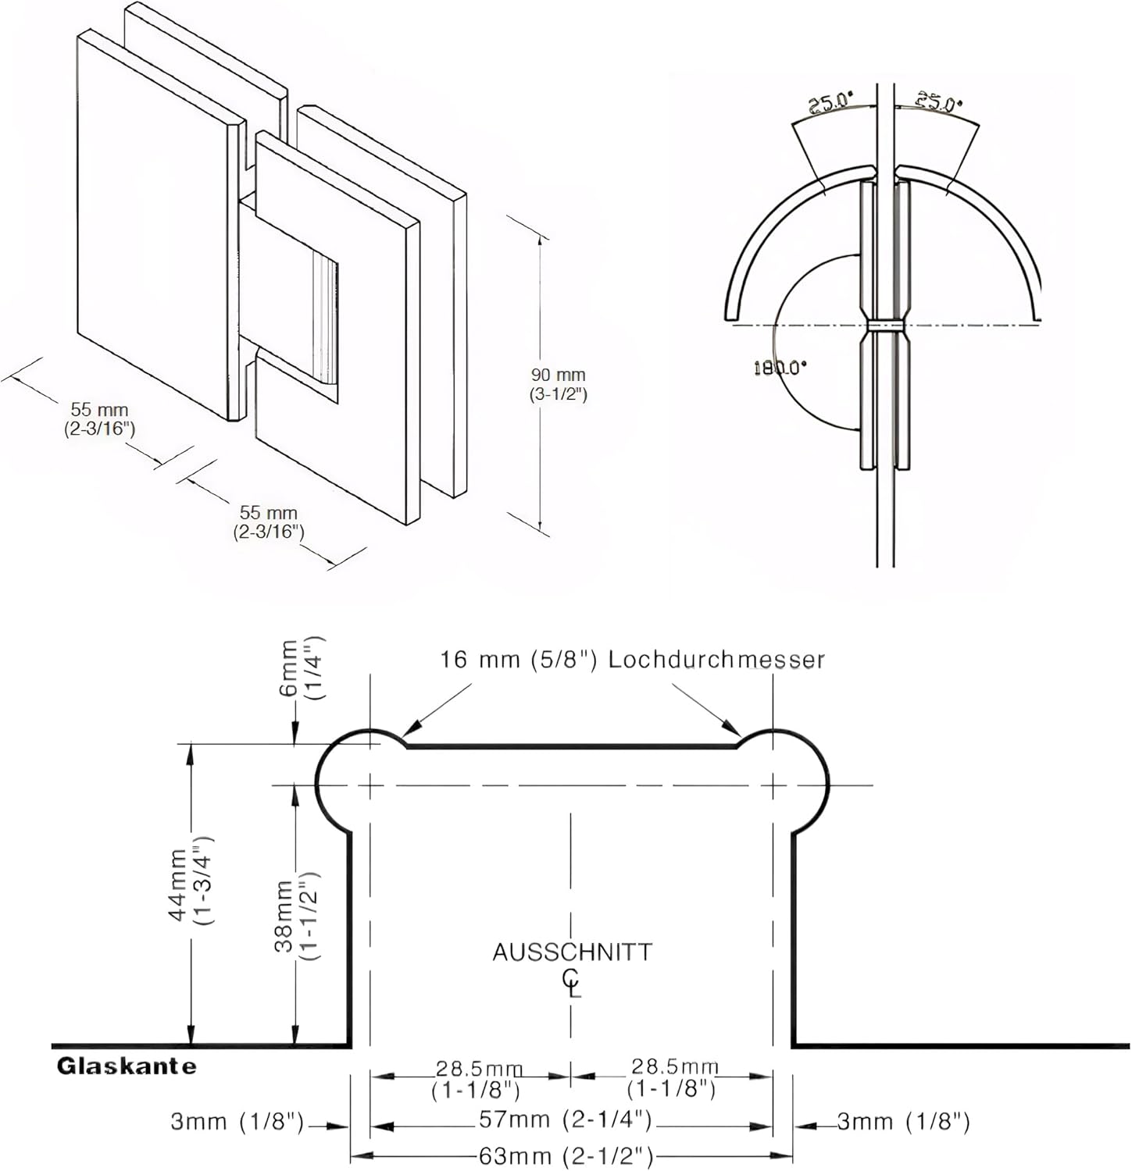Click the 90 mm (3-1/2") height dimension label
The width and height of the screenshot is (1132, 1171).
point(558,384)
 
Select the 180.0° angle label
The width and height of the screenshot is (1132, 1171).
point(780,368)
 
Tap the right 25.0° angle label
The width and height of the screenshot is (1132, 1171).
point(938,101)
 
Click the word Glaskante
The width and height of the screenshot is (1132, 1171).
point(127,1066)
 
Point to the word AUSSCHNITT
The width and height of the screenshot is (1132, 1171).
point(572,952)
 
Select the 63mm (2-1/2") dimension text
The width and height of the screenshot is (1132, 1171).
point(566,1155)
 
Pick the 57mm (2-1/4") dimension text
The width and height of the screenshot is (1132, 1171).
point(565,1120)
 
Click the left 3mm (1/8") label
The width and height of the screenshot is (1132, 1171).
point(237,1122)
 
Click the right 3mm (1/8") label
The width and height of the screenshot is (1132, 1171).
point(903,1122)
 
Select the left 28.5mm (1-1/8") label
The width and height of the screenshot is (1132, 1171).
point(477,1079)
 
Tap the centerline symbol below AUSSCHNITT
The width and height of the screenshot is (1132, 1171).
point(572,982)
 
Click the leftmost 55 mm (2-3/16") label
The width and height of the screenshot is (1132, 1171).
point(100,418)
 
